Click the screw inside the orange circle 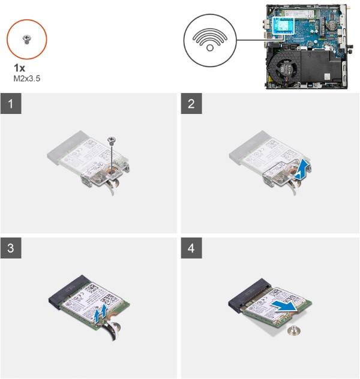tap(26, 40)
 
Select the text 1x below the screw tap(19, 68)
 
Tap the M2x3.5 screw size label tap(26, 79)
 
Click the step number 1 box tap(11, 104)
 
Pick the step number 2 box tap(191, 104)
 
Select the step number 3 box tap(11, 248)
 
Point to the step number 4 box tap(191, 248)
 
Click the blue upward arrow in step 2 tap(301, 171)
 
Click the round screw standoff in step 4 tap(294, 330)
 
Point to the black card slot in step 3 tap(70, 291)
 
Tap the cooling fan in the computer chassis tap(284, 70)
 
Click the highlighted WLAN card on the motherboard tap(283, 25)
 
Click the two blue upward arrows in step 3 tap(100, 313)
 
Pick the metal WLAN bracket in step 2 tap(287, 172)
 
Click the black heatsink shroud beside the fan tap(319, 66)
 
